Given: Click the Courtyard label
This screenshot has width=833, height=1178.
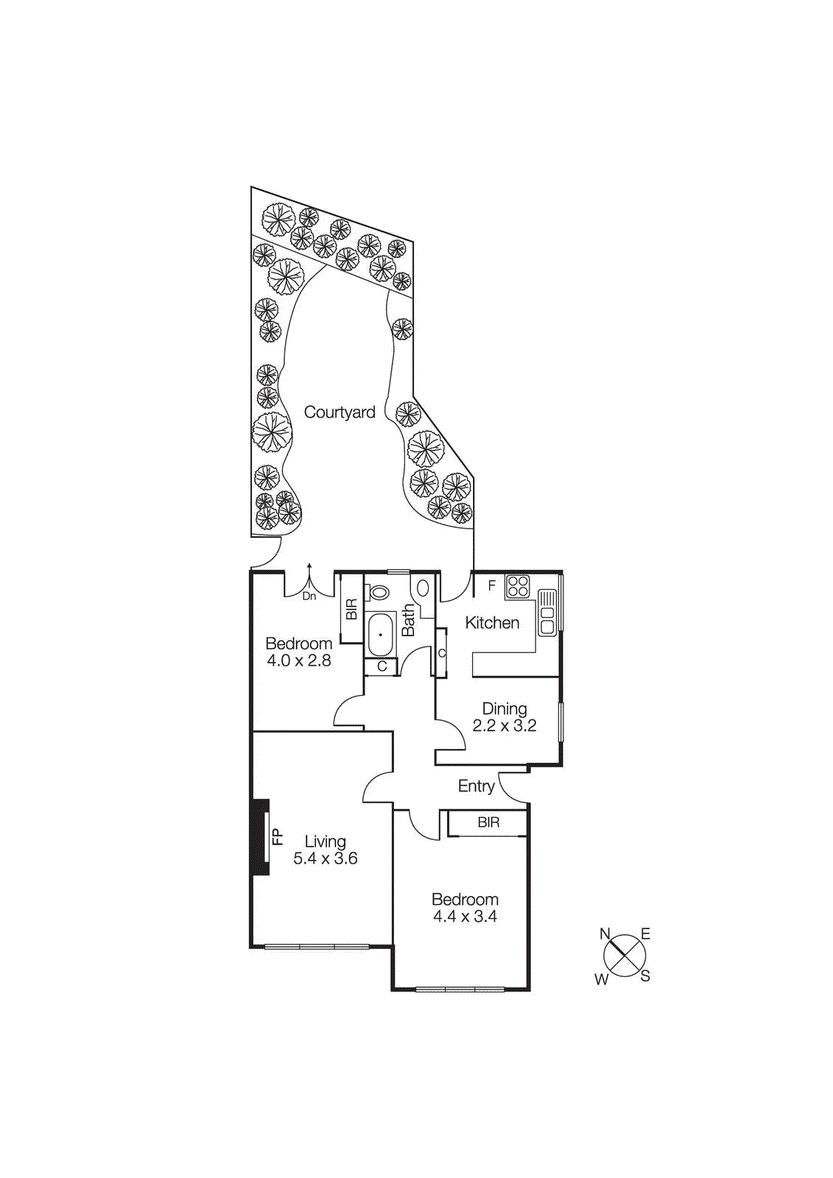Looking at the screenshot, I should (x=340, y=412).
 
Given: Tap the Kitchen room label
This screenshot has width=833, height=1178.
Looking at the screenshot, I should (x=492, y=623).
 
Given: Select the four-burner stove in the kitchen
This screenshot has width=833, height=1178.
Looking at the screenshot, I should (x=518, y=586).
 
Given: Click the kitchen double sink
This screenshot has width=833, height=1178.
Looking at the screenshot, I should (x=547, y=612).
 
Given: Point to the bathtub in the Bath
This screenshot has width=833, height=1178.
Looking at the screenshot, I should (x=381, y=633).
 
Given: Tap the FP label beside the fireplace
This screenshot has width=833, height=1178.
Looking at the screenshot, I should (x=278, y=836).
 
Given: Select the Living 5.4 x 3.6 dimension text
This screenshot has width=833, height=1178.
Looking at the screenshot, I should (x=326, y=858).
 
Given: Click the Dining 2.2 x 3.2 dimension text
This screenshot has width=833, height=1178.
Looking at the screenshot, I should (x=505, y=726).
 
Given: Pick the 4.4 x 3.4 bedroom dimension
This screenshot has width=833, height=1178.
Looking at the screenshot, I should (x=465, y=917).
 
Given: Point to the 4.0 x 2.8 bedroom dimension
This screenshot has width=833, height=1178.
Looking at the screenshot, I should (x=298, y=661).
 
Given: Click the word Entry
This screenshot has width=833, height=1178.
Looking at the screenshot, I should (x=476, y=786).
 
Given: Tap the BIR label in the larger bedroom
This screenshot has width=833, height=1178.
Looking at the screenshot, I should (x=488, y=822).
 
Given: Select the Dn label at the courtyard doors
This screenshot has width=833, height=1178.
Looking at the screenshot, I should (x=309, y=596).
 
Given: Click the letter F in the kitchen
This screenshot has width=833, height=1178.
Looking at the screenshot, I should (x=492, y=586).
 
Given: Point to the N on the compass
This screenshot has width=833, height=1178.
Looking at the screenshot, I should (x=605, y=934).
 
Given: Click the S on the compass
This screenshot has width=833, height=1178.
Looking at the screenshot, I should (x=645, y=977).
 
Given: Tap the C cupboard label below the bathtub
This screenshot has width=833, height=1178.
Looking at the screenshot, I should (x=382, y=667).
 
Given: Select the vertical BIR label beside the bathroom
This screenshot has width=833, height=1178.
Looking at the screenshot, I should (x=351, y=610).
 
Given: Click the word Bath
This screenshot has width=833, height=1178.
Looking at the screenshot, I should (x=409, y=621).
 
